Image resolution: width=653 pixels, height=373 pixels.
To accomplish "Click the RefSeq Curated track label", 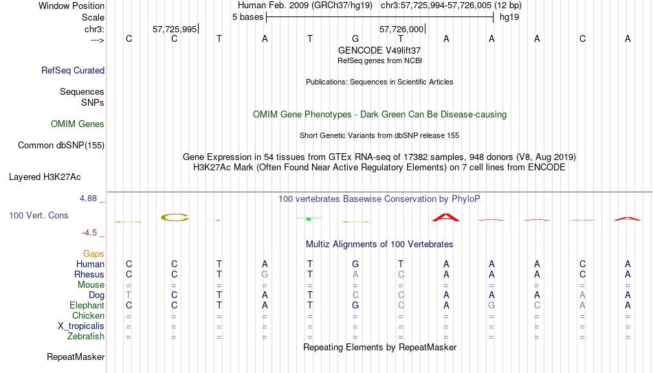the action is coord(73,70).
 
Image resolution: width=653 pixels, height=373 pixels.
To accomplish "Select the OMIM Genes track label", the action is coord(78,124).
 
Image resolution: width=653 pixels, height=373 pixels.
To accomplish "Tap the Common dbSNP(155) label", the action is coord(61,146).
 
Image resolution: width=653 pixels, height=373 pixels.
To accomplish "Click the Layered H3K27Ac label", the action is coord(45,177).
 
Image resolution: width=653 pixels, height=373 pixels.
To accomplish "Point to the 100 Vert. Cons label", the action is coord(38,215).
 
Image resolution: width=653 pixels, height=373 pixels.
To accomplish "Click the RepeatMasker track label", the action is coord(76,357).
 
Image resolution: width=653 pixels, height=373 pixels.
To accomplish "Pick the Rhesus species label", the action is coord(89,274).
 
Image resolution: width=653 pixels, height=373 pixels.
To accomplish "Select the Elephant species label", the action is coord(87,305).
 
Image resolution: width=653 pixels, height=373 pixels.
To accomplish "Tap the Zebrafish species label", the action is coord(86,336).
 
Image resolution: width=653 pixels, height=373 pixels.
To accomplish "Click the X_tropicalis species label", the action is coord(81,326).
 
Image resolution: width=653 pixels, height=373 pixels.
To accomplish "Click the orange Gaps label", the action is coord(93,254).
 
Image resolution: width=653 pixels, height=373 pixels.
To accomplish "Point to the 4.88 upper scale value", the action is coord(88,199).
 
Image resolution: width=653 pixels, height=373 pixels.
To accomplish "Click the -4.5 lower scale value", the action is coord(89,233).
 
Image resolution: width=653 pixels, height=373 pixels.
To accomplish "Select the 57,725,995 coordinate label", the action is coord(175,29).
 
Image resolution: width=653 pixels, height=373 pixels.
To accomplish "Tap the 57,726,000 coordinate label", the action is coord(401,29).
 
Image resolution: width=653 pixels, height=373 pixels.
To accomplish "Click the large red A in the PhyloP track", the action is coord(446,217).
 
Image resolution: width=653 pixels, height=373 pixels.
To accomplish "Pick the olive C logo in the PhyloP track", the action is coord(175,217).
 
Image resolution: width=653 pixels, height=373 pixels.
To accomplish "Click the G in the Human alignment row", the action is coord(355,264).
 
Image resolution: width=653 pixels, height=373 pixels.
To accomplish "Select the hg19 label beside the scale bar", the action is coord(509,17).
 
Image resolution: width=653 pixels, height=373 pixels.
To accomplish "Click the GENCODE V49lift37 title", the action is coord(379,50).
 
